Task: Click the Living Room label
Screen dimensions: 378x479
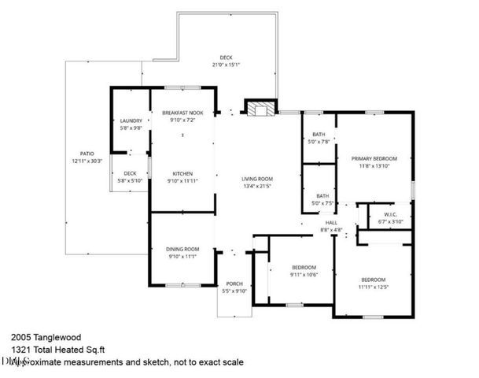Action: pyautogui.click(x=257, y=179)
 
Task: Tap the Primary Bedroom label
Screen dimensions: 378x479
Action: pyautogui.click(x=374, y=158)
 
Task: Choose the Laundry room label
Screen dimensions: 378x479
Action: pyautogui.click(x=131, y=120)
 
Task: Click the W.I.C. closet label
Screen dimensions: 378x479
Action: pyautogui.click(x=390, y=214)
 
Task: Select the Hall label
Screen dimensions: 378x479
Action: pyautogui.click(x=331, y=222)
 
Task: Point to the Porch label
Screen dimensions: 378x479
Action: pyautogui.click(x=234, y=283)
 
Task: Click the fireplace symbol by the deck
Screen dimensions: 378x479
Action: pyautogui.click(x=260, y=108)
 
